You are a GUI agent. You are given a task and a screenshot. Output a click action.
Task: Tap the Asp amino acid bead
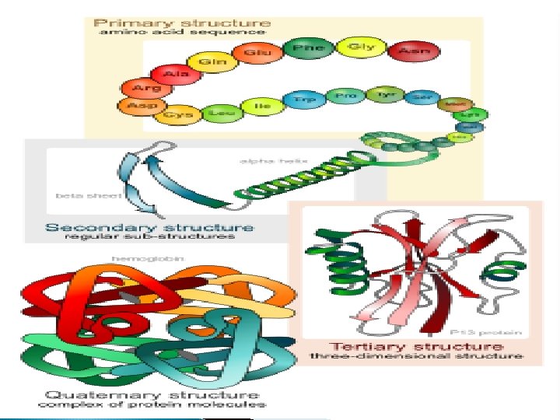point(138,106)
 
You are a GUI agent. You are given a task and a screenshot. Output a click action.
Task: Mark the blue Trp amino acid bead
point(299,100)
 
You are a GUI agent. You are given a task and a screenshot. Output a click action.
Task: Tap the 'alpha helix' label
point(271,159)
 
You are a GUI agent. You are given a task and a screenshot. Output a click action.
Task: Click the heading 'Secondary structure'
point(149,227)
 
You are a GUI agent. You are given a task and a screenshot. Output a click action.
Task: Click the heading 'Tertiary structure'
point(416,346)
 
